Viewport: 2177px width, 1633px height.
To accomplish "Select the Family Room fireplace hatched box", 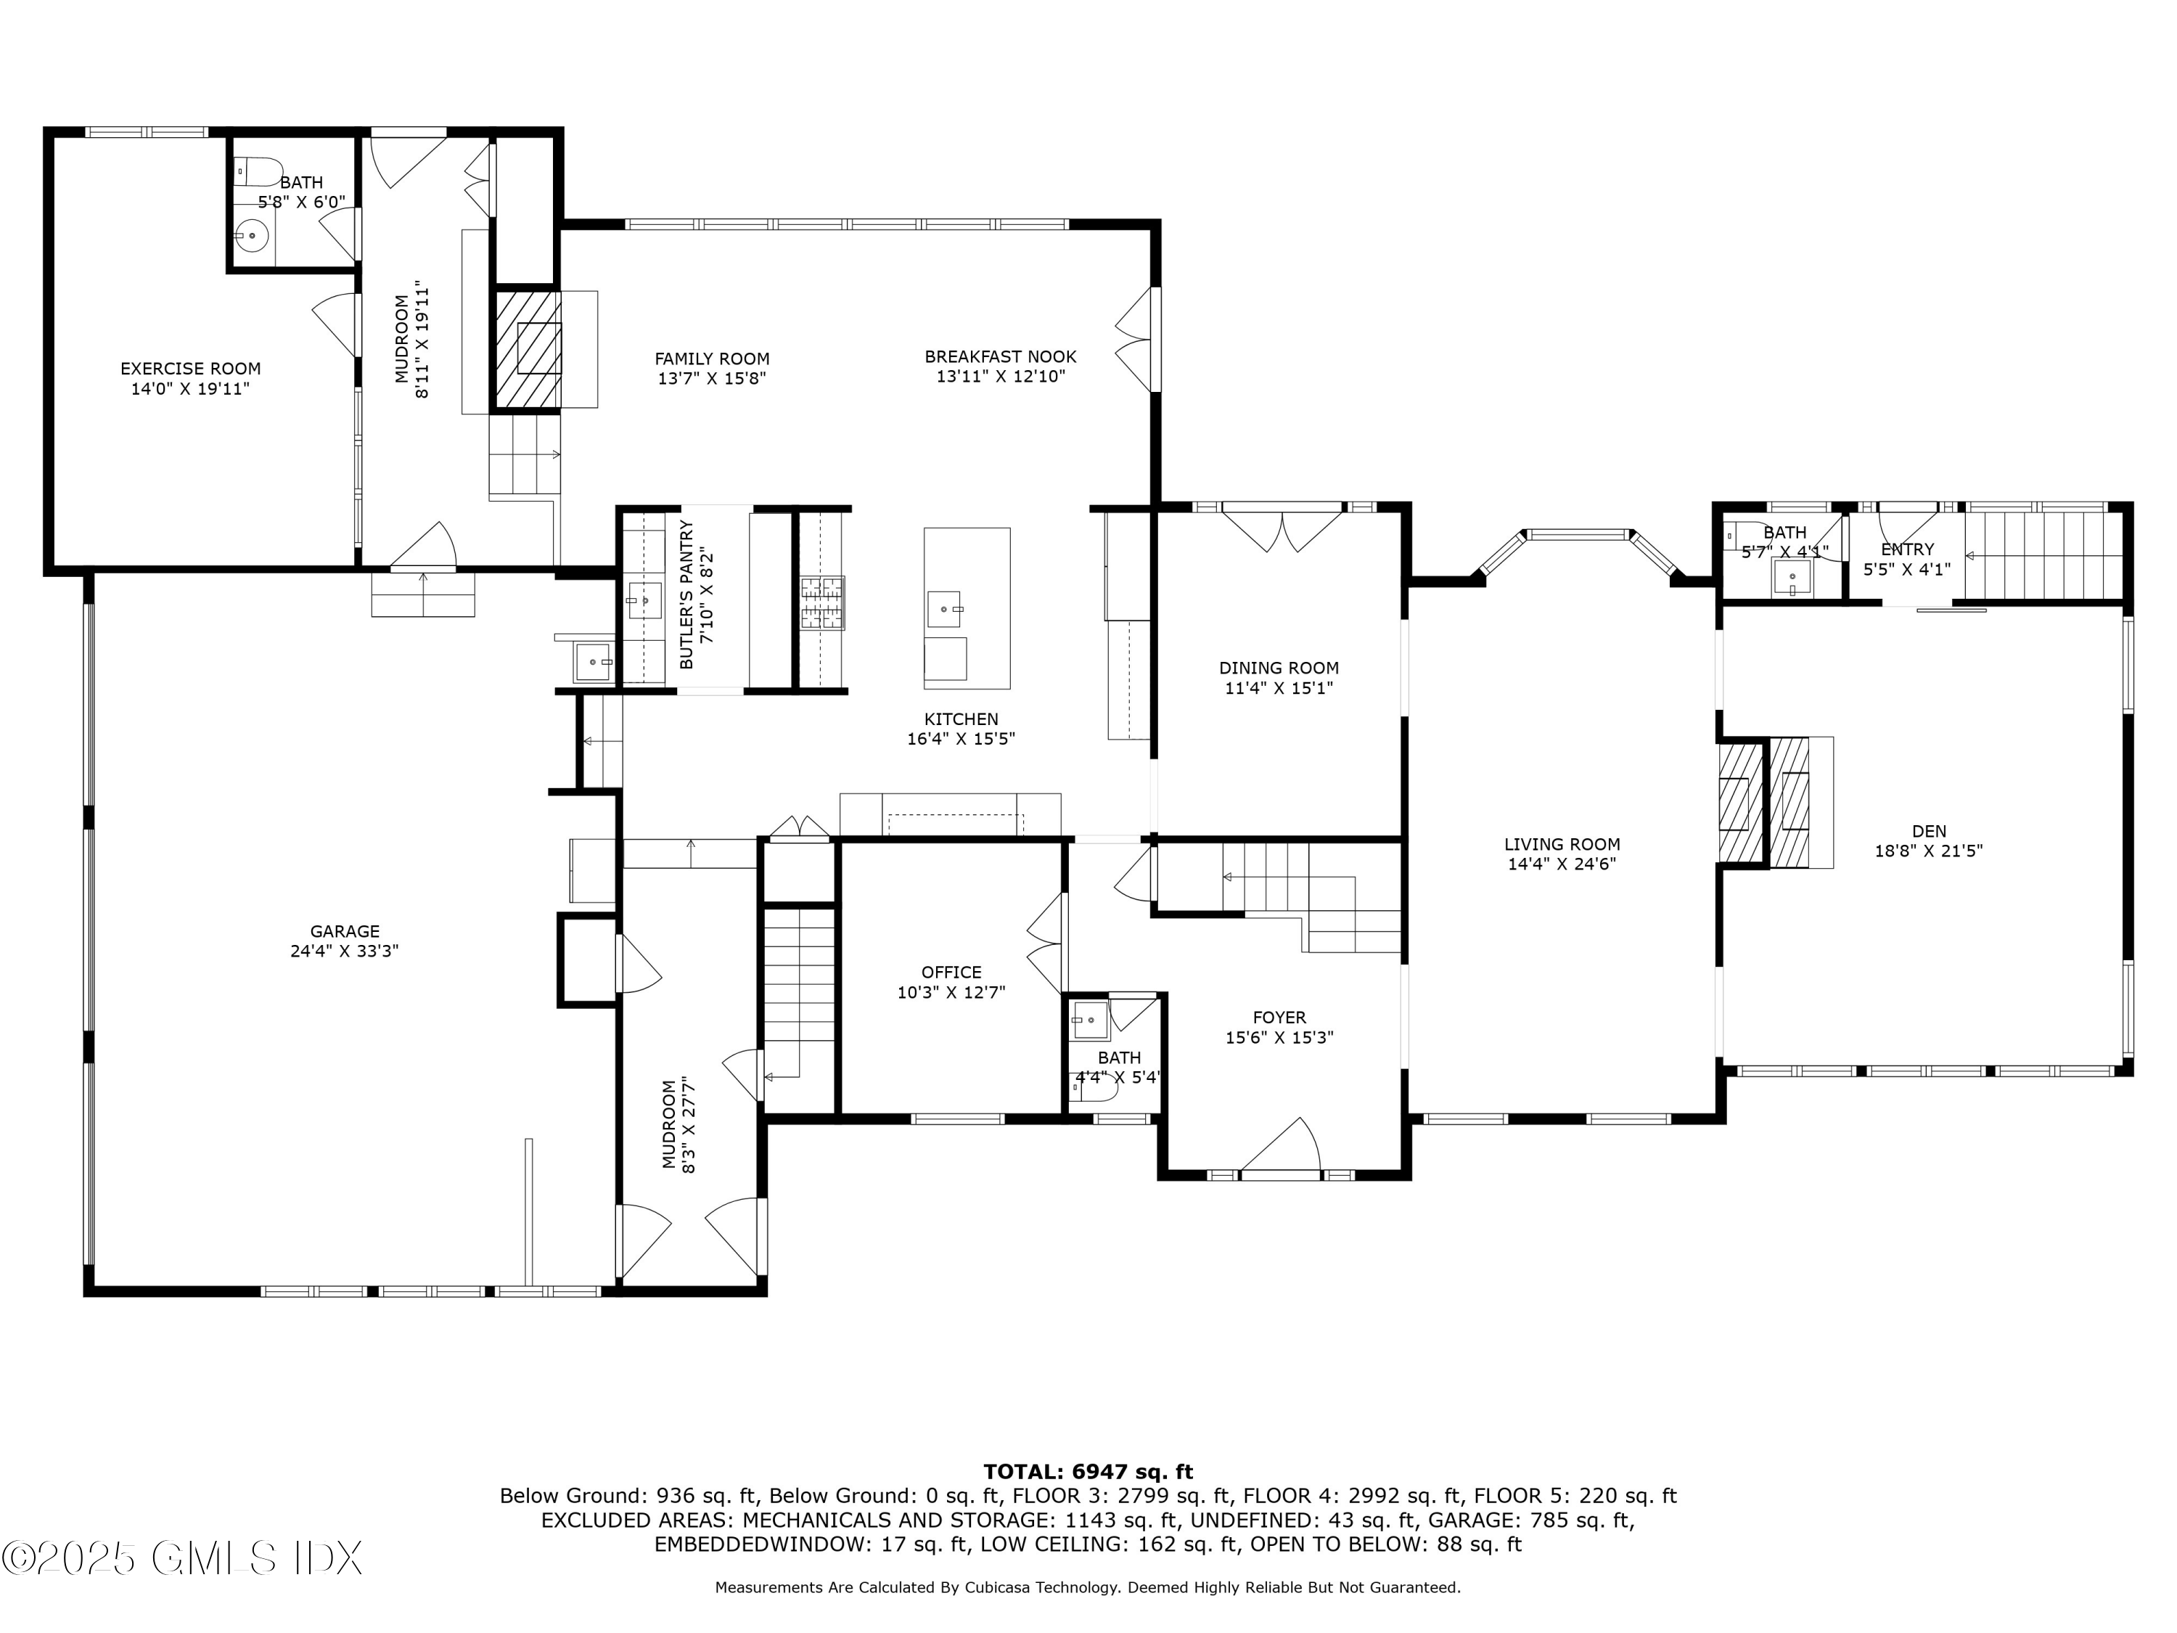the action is [527, 348].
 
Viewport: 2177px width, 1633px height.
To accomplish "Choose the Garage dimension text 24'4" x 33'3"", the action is [345, 951].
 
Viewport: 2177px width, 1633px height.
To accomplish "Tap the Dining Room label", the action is [1279, 668].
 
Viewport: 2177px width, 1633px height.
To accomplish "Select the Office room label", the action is [951, 973].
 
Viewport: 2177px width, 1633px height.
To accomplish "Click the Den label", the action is [1929, 831].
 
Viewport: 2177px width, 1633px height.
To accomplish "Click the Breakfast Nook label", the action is [1001, 357].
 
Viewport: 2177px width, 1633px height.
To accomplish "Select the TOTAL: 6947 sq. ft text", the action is [1088, 1473].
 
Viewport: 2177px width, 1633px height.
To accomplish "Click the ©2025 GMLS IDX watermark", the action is [182, 1558].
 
